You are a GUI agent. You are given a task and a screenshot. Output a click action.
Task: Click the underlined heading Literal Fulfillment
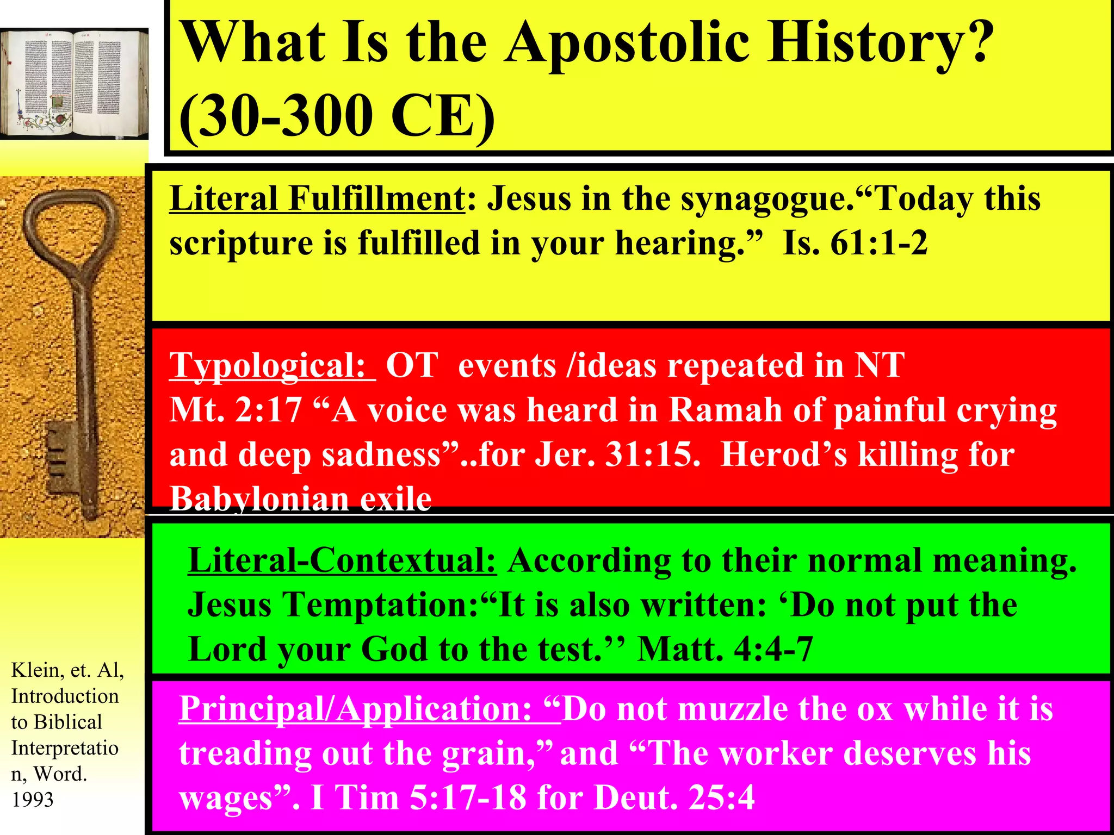[317, 199]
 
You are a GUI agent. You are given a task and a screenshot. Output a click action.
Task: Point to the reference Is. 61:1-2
[855, 243]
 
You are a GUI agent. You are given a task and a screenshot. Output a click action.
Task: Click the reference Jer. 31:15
[617, 454]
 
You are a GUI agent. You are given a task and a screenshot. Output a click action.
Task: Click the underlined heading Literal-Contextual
[342, 560]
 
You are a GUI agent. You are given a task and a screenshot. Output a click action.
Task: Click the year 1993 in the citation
[33, 800]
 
